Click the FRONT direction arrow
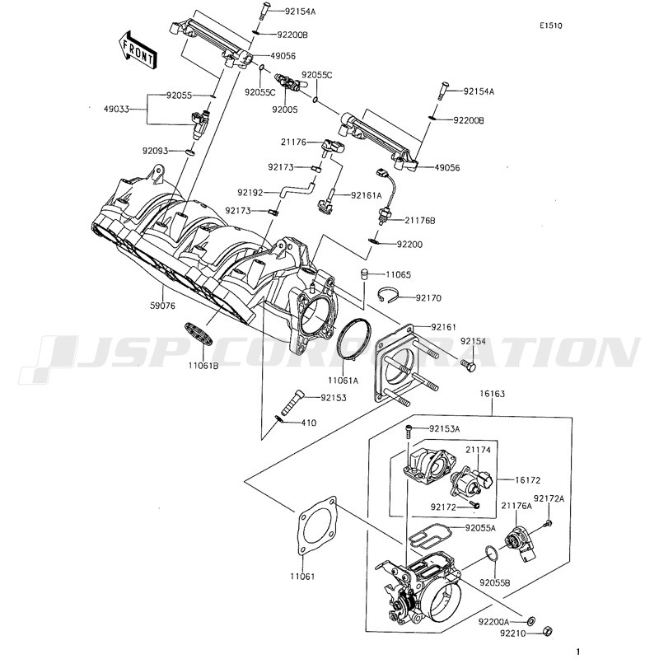pyautogui.click(x=137, y=49)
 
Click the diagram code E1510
pyautogui.click(x=551, y=26)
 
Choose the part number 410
pyautogui.click(x=310, y=423)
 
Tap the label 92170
pyautogui.click(x=428, y=297)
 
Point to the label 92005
pyautogui.click(x=285, y=110)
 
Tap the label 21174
pyautogui.click(x=478, y=450)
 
